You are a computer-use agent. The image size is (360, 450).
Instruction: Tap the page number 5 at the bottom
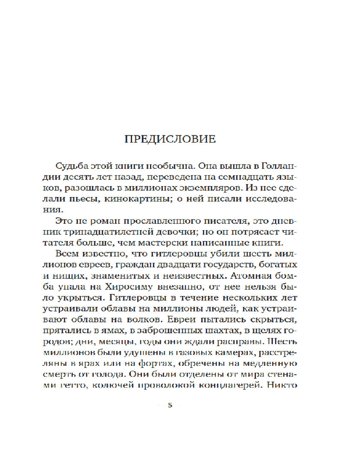tap(170, 405)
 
